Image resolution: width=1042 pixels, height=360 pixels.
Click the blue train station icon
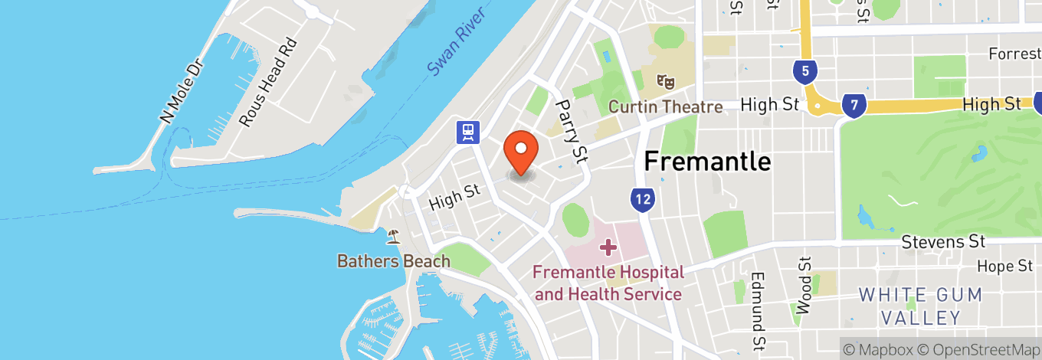coord(467,133)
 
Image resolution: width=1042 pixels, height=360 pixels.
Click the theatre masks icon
coord(664,80)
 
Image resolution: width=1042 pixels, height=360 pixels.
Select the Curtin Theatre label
coord(665,106)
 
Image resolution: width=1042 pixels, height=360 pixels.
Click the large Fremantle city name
coord(706,161)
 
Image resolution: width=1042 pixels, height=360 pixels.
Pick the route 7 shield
coord(853,106)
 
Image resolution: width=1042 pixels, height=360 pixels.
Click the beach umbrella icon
coord(394,236)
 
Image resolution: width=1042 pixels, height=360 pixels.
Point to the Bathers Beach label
coord(394,261)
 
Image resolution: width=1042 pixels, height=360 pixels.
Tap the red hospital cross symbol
coord(608,247)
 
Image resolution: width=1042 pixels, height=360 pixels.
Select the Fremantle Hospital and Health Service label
coord(608,283)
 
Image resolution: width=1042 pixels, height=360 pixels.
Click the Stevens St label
coord(942,242)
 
